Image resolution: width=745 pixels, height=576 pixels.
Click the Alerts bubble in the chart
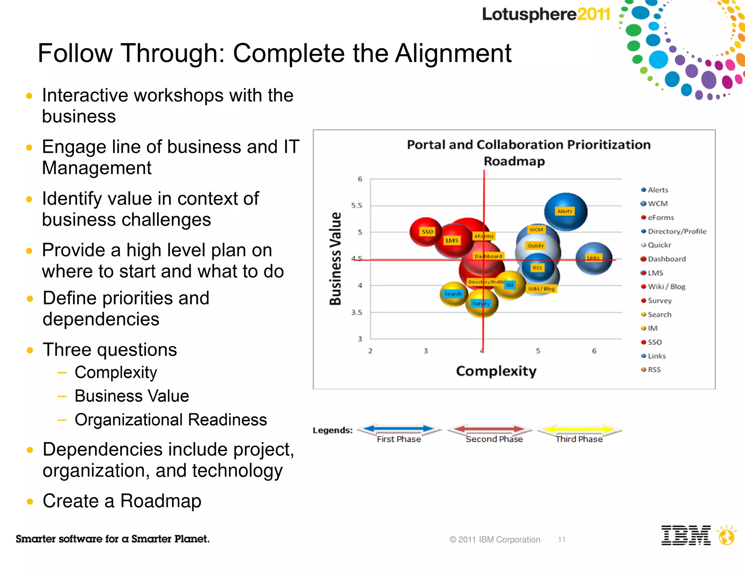coord(565,212)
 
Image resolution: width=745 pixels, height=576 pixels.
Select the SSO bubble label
coord(427,232)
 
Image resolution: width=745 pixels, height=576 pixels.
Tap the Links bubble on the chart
coord(593,258)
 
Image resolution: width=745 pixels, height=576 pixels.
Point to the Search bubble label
coord(453,294)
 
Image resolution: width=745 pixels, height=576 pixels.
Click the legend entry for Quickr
coord(659,245)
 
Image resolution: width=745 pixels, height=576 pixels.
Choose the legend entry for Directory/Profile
coord(677,231)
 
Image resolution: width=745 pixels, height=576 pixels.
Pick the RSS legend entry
coord(654,370)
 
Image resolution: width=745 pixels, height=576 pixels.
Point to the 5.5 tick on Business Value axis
coord(356,205)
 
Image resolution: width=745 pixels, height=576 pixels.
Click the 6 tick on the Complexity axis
coord(594,351)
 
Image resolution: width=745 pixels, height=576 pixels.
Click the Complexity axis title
coord(496,371)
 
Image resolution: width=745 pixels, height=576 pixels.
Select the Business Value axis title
coord(335,259)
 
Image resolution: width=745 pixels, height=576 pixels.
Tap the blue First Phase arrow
coord(399,429)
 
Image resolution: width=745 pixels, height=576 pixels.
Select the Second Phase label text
coord(494,439)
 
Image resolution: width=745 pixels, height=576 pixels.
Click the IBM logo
coord(686,535)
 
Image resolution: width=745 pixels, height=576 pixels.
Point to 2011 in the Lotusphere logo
coord(593,15)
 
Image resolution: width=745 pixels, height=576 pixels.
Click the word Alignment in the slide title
coord(453,54)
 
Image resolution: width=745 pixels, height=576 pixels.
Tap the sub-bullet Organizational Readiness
coord(171,420)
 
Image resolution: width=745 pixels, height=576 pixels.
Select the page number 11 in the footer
coord(561,540)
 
